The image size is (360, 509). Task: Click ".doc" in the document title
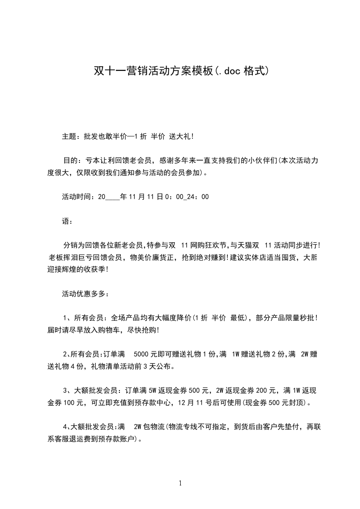[228, 71]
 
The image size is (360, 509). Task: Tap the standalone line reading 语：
[67, 221]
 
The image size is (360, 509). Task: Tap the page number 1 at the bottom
[180, 484]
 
